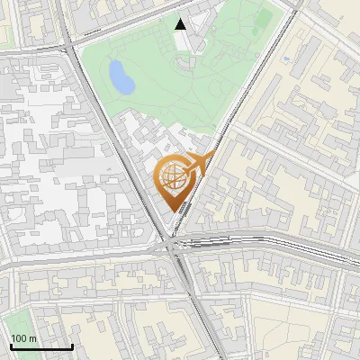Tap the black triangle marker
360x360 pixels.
(x=181, y=24)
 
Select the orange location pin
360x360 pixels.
(x=176, y=180)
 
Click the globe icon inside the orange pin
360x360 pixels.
(x=175, y=177)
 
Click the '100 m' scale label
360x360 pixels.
(x=24, y=337)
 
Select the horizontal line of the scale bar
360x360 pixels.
(x=41, y=346)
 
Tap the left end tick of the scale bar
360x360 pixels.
(x=11, y=345)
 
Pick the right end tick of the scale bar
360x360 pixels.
(x=72, y=345)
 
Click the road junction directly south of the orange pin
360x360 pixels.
(x=171, y=244)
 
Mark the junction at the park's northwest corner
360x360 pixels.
(x=69, y=42)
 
